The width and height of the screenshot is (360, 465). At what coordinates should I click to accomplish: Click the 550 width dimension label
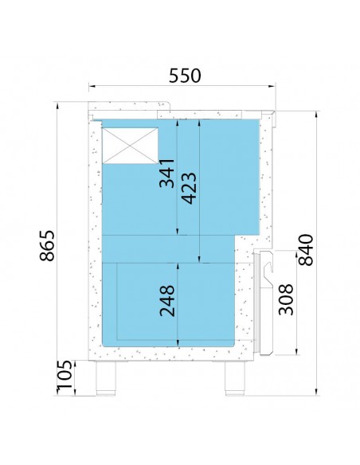185,76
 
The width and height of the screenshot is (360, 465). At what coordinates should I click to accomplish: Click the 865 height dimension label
47,245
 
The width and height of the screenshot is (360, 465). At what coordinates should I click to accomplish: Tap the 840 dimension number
305,250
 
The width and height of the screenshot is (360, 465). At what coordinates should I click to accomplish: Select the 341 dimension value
166,174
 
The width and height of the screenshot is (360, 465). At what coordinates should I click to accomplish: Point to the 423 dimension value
189,189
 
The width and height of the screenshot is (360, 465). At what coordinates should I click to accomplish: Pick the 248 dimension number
167,301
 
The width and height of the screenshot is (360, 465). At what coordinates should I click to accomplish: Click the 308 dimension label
286,299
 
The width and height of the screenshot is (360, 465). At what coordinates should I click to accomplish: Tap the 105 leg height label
65,374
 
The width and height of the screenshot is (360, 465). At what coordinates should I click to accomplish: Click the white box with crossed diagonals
130,146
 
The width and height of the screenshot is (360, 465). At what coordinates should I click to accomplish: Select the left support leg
106,378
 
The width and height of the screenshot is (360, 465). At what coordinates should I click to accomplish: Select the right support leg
235,378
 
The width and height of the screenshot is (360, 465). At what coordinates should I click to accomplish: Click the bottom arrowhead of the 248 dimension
178,343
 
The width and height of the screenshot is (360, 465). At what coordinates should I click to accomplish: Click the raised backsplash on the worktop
129,106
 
